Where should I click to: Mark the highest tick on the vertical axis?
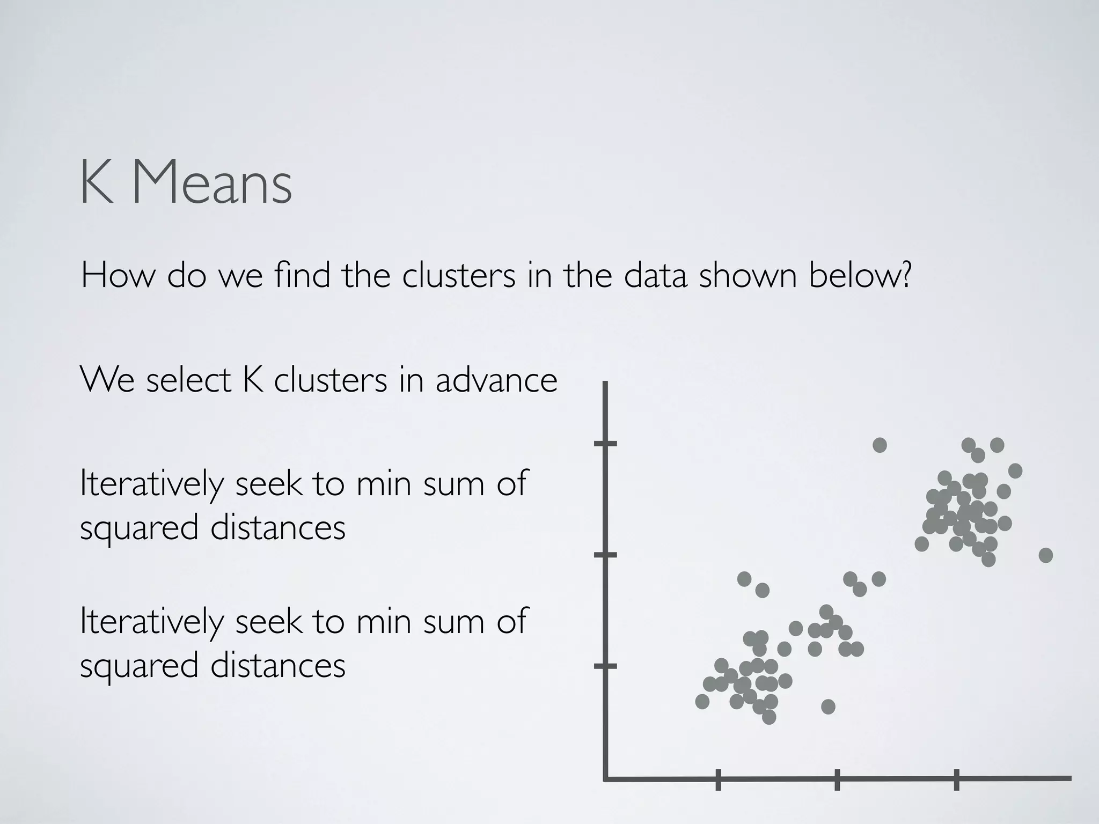605,444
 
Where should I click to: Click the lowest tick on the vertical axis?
605,666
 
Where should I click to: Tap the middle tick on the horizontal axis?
837,779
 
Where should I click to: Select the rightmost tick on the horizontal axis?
956,779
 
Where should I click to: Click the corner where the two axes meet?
606,778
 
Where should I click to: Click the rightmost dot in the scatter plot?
1045,555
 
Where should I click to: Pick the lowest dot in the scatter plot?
769,717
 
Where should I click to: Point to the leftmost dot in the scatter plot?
702,701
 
